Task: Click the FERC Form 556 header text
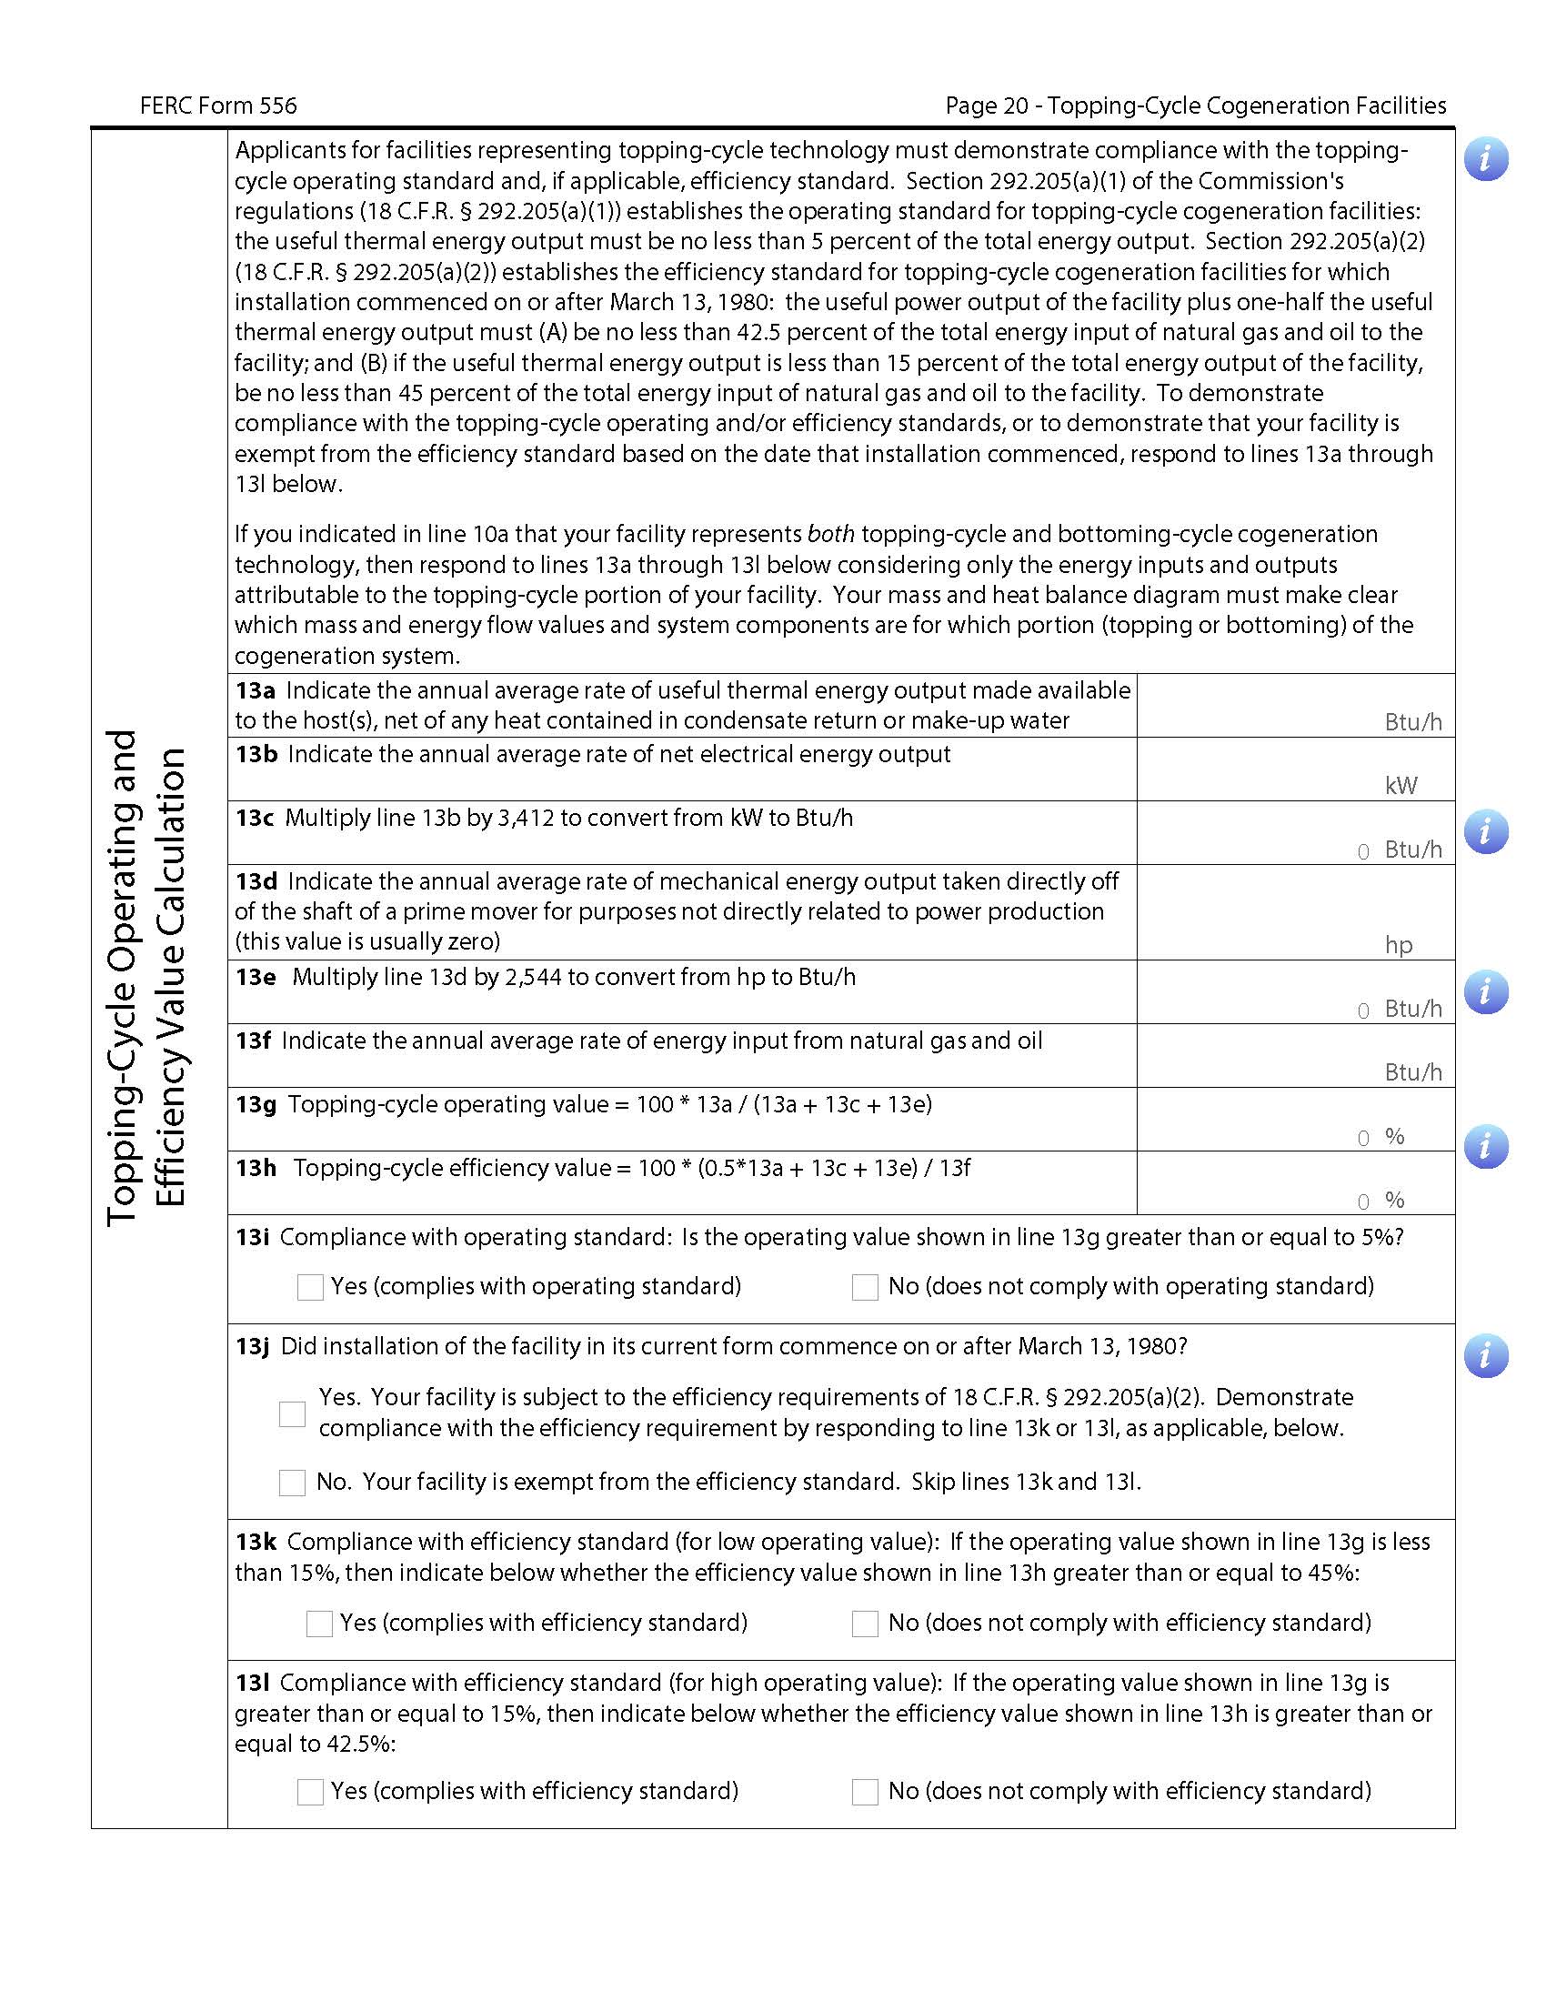(218, 106)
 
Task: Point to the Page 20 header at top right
(1195, 106)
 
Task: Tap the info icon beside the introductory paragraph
(1486, 159)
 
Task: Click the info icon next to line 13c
(1486, 832)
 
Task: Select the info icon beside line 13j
(1486, 1356)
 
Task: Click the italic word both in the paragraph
(830, 534)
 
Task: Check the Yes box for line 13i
(310, 1287)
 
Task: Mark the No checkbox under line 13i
(865, 1287)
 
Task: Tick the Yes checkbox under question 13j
(292, 1413)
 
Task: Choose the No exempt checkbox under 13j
(292, 1483)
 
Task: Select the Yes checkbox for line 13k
(318, 1624)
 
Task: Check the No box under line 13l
(865, 1792)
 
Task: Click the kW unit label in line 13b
(1400, 786)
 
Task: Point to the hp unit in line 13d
(1399, 946)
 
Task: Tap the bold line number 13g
(256, 1105)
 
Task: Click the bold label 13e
(256, 978)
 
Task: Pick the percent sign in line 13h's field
(1395, 1201)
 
